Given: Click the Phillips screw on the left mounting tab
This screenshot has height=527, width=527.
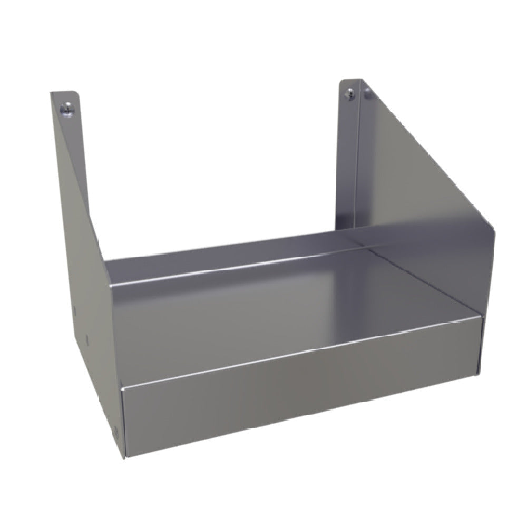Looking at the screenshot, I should [x=65, y=109].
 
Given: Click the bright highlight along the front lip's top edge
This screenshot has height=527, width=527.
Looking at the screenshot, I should [x=300, y=352].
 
